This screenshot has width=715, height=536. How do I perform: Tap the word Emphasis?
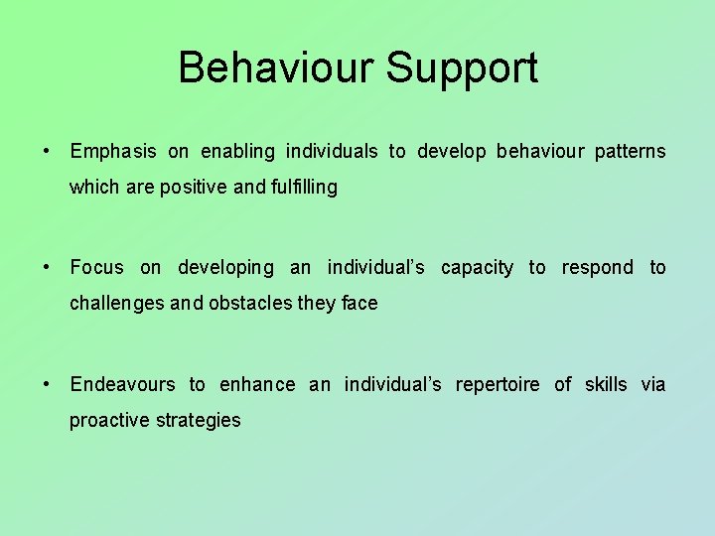pyautogui.click(x=113, y=152)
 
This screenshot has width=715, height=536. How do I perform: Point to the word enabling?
pyautogui.click(x=237, y=152)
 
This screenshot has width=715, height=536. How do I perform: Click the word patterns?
pyautogui.click(x=630, y=152)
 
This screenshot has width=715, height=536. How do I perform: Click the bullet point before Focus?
pyautogui.click(x=47, y=268)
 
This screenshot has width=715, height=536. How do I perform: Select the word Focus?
pyautogui.click(x=97, y=267)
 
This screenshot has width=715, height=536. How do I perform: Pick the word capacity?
pyautogui.click(x=477, y=268)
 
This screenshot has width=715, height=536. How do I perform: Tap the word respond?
pyautogui.click(x=597, y=268)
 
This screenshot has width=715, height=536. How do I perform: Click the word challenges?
pyautogui.click(x=115, y=304)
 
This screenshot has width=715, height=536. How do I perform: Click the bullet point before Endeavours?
pyautogui.click(x=47, y=385)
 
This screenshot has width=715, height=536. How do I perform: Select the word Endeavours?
pyautogui.click(x=122, y=385)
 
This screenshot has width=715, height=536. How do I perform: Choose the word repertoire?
pyautogui.click(x=497, y=385)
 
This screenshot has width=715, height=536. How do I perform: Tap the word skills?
pyautogui.click(x=605, y=385)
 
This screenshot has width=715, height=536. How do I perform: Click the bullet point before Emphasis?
pyautogui.click(x=47, y=152)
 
